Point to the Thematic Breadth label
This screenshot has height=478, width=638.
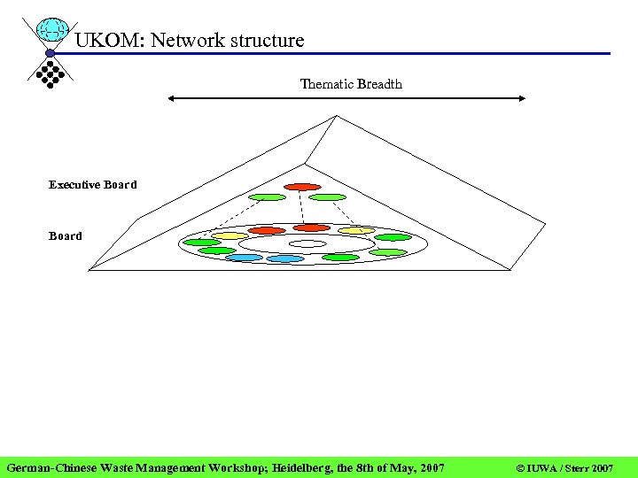(351, 84)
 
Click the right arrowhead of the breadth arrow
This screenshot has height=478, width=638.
(522, 99)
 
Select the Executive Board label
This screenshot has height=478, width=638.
(93, 185)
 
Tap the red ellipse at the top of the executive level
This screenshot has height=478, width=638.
(302, 187)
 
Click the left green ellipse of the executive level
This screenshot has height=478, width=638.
(267, 197)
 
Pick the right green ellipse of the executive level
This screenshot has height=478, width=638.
(328, 197)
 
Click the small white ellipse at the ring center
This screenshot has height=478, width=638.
(307, 243)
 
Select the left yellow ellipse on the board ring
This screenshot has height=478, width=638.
(230, 235)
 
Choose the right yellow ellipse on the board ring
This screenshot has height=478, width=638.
(356, 231)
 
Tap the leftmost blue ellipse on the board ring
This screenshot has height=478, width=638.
(244, 258)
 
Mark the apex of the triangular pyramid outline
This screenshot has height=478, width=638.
(335, 115)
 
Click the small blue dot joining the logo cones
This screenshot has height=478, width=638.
(51, 53)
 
